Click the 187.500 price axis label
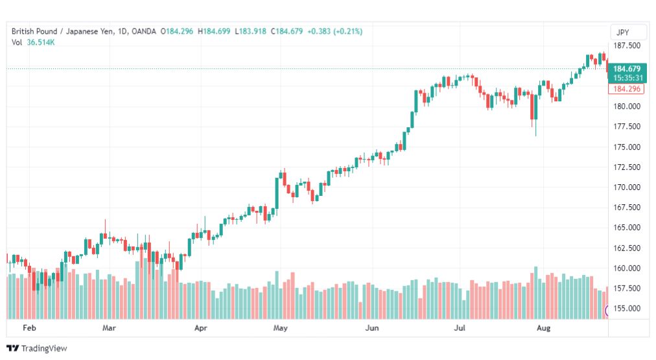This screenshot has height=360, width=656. [627, 45]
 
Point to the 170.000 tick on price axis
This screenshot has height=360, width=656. [627, 187]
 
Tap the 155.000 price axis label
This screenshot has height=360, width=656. [627, 309]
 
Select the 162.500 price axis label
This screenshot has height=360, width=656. [627, 248]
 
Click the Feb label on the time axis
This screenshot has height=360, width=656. [29, 328]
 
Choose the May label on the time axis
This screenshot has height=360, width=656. [280, 328]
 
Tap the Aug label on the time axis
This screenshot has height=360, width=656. [543, 328]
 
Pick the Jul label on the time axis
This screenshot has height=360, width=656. [460, 328]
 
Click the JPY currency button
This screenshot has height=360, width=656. [622, 32]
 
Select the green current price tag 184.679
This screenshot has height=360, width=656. [627, 69]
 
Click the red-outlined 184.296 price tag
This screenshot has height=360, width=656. [626, 89]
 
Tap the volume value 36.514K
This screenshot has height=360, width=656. [41, 42]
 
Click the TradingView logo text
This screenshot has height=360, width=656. [44, 348]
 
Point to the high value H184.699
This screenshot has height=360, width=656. [214, 31]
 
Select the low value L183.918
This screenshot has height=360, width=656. [250, 31]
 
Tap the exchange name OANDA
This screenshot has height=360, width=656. [143, 31]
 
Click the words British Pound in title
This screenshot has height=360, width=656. [34, 31]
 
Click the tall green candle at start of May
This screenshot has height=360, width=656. [277, 193]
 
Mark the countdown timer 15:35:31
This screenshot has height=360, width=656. [628, 78]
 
